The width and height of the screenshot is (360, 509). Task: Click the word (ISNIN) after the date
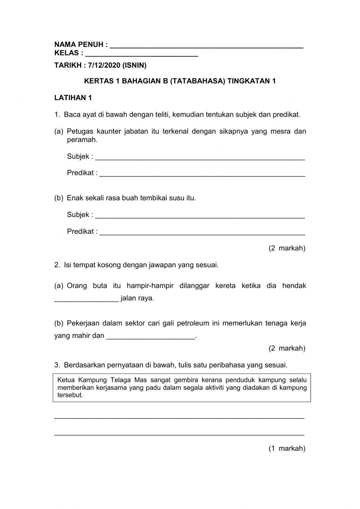pos(134,66)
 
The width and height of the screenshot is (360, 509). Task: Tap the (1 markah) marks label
pos(287,448)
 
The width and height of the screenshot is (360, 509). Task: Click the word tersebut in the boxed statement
pos(70,395)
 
